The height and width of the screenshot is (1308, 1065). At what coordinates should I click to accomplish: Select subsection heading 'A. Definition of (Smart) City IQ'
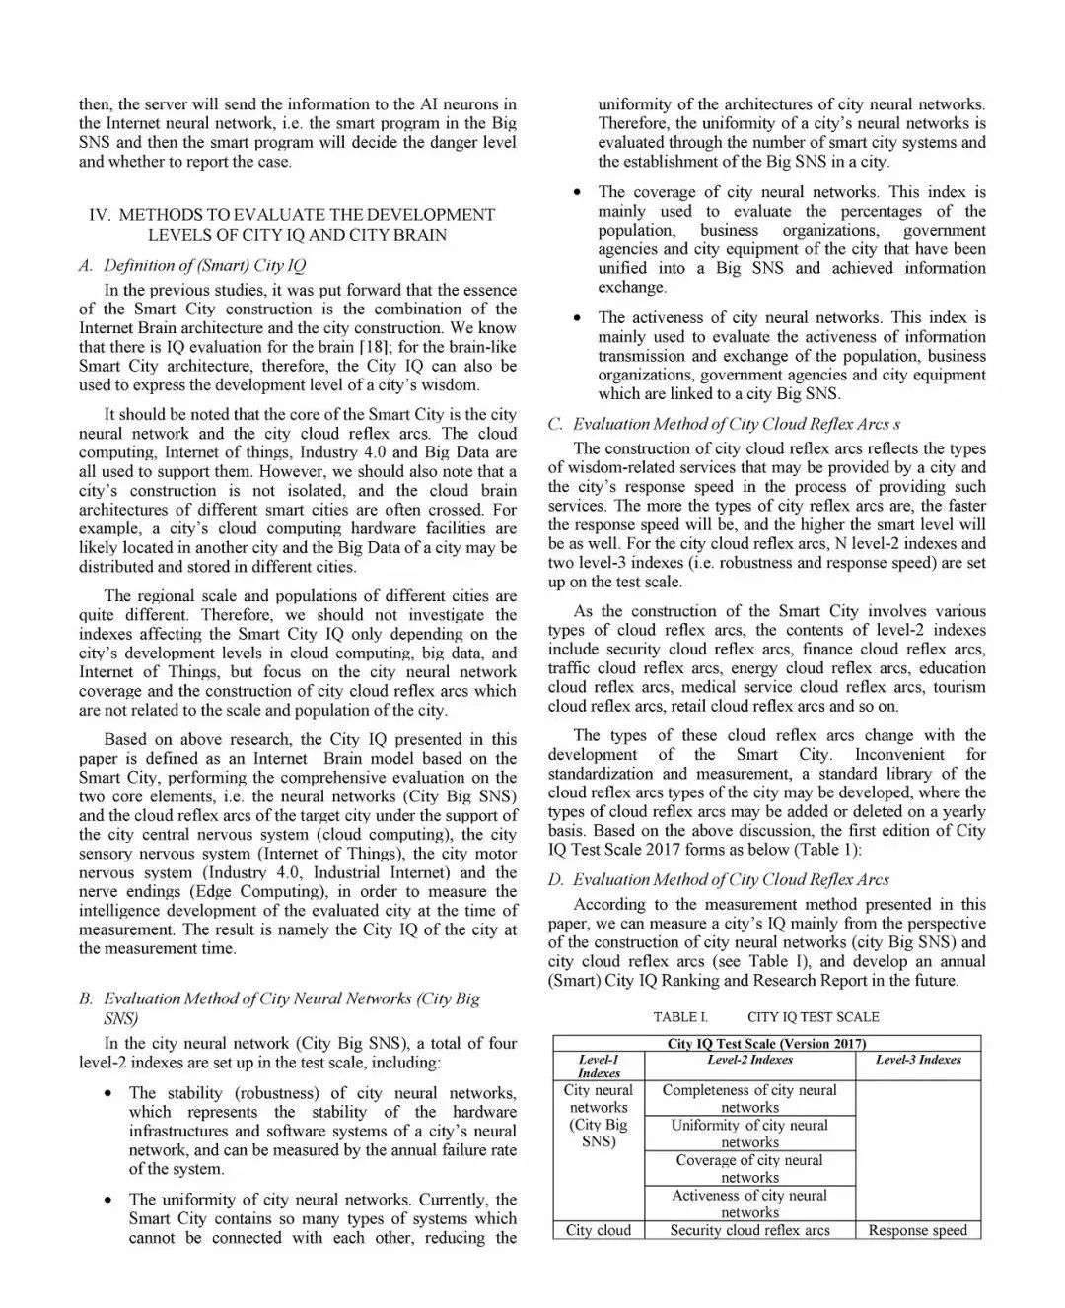192,265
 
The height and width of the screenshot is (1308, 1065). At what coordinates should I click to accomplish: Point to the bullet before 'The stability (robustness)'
107,1093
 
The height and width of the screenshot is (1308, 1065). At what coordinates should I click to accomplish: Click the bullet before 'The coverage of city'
577,192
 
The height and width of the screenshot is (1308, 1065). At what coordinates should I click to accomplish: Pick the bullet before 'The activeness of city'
577,318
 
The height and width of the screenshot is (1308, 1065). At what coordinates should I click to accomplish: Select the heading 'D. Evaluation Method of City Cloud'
719,879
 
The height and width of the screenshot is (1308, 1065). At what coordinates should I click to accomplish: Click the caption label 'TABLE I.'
680,1017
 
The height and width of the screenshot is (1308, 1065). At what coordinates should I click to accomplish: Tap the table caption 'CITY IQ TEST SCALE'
813,1017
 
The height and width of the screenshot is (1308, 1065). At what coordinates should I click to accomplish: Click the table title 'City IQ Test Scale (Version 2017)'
766,1044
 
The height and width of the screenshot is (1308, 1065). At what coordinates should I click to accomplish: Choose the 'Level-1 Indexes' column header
599,1067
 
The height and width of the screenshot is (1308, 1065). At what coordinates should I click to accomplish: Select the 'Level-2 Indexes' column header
749,1060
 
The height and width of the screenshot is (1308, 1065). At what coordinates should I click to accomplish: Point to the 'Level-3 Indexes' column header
918,1060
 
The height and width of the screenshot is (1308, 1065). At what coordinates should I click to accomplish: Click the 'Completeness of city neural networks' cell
749,1099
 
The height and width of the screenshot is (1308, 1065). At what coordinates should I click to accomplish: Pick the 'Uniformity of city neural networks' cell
749,1134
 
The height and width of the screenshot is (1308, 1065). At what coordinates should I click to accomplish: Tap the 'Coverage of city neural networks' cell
749,1169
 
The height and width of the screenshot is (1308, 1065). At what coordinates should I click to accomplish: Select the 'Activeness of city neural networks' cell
749,1204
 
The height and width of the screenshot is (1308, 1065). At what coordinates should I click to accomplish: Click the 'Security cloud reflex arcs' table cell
749,1230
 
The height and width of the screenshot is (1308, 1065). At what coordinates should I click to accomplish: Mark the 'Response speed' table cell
918,1230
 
